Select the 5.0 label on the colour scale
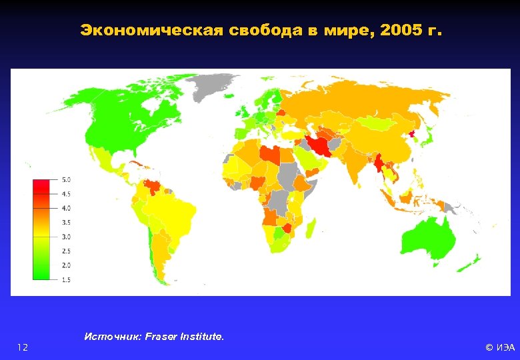pos(67,180)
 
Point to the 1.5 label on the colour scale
pos(67,280)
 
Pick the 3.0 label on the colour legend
pos(67,237)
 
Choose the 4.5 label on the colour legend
pos(67,194)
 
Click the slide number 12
pos(23,347)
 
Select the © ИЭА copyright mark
pos(499,347)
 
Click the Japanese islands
pos(430,137)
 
